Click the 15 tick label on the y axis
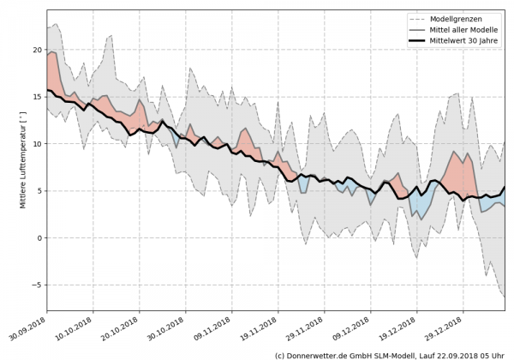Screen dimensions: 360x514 point(37,97)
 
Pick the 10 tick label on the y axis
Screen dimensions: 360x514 point(37,144)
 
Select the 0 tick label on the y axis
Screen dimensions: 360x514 point(39,237)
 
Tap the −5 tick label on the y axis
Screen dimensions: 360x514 point(37,285)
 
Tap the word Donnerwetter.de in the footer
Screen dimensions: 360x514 point(320,354)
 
